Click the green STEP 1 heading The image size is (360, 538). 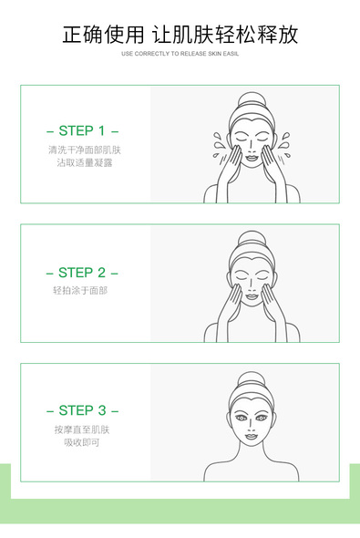(82, 130)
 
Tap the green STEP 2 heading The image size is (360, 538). (82, 273)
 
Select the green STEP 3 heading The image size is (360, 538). (82, 410)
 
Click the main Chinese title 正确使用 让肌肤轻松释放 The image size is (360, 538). (180, 35)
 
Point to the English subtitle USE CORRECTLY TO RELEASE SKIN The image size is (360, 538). (175, 54)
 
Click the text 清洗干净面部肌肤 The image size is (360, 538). (85, 150)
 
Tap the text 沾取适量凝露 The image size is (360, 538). (85, 162)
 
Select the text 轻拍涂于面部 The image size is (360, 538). (80, 291)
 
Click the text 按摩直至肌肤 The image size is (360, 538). (82, 429)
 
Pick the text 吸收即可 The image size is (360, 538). (82, 442)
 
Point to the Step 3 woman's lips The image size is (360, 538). (252, 437)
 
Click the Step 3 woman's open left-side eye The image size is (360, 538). (242, 419)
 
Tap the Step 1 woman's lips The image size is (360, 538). (252, 158)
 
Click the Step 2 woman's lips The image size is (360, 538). (252, 296)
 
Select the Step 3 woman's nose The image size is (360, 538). (252, 426)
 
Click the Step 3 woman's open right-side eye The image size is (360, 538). (262, 419)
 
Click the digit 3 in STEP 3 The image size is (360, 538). (102, 410)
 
